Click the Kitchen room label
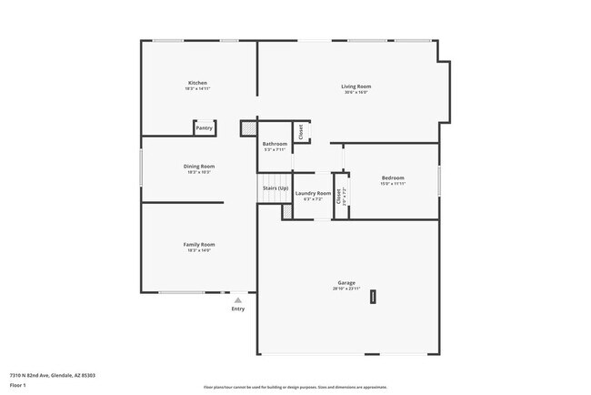click(197, 83)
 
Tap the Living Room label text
click(356, 86)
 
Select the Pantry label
click(205, 128)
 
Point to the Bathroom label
click(275, 144)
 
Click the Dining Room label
click(198, 166)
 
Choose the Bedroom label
click(393, 177)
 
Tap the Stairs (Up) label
click(275, 187)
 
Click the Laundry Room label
click(313, 193)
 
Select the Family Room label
click(198, 244)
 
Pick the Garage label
click(347, 282)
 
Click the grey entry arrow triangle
click(238, 299)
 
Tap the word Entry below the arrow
click(238, 309)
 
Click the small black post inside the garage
click(372, 298)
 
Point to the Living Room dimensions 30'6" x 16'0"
click(356, 93)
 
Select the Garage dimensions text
click(347, 289)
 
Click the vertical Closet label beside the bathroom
click(301, 132)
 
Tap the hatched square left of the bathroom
click(248, 128)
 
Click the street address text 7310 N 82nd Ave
click(53, 375)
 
